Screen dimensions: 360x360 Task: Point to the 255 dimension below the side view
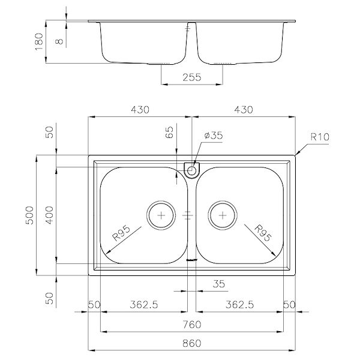click(x=192, y=77)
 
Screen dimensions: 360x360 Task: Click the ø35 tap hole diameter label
click(x=213, y=136)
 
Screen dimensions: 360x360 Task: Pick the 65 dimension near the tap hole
click(x=169, y=133)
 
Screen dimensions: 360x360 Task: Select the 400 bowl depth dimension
click(x=50, y=215)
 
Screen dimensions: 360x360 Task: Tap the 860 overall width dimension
click(x=192, y=344)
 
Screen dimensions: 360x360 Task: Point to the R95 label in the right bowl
click(x=262, y=232)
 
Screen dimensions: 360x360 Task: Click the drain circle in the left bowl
click(x=161, y=214)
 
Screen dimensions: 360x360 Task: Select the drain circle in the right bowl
click(x=223, y=214)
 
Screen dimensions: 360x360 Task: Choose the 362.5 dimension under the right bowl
click(x=238, y=305)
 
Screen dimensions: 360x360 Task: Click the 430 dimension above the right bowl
click(x=242, y=110)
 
